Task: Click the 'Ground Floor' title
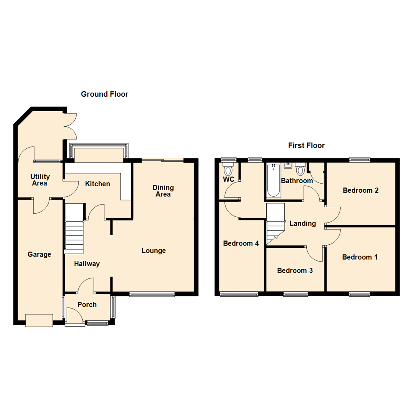click(104, 94)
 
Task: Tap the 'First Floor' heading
click(306, 145)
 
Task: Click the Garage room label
click(39, 254)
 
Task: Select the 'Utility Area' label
click(40, 180)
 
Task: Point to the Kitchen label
click(98, 184)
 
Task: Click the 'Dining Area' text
click(163, 191)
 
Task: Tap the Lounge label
click(154, 251)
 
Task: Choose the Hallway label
click(87, 263)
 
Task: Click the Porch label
click(87, 305)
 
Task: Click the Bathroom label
click(297, 180)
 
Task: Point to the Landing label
click(302, 223)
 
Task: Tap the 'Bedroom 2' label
click(361, 190)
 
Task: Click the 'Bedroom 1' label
click(360, 257)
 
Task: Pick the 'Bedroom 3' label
click(295, 271)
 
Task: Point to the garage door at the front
click(39, 320)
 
